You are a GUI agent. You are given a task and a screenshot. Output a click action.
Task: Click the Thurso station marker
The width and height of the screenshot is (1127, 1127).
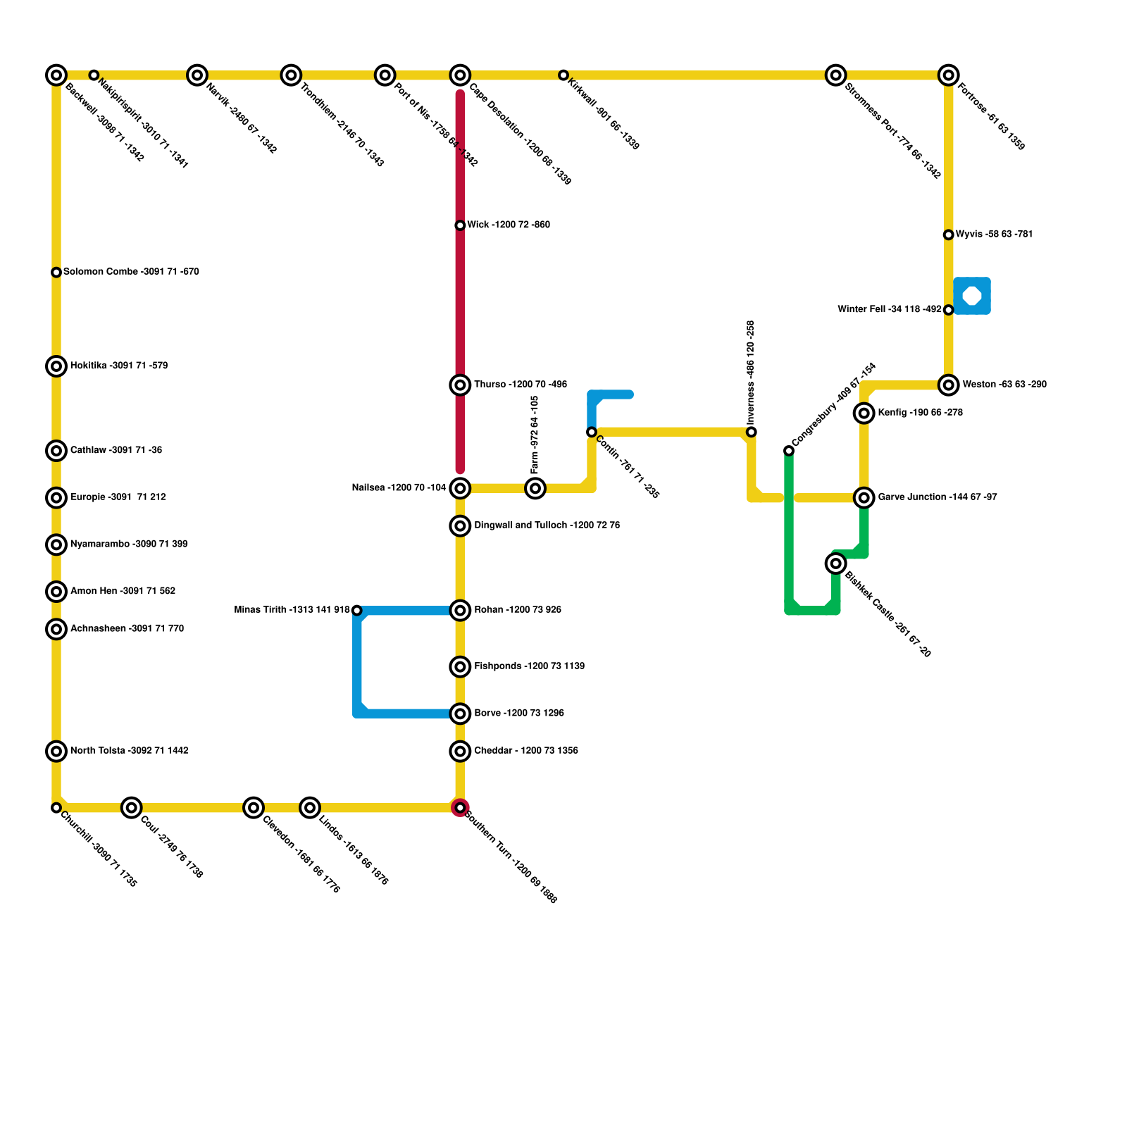coord(460,385)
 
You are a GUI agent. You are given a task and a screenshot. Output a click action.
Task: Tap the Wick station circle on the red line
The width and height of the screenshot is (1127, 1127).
coord(460,225)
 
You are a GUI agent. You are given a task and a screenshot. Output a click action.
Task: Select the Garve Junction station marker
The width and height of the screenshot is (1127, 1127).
coord(864,498)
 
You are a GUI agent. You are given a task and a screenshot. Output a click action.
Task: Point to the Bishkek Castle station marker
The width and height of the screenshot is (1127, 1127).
coord(836,563)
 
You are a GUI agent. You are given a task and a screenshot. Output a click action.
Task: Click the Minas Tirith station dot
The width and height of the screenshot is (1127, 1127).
coord(357,610)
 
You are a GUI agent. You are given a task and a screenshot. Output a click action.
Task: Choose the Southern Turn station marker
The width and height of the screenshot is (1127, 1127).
coord(460,807)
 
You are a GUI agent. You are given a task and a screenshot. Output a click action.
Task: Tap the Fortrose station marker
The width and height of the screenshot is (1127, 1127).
coord(949,75)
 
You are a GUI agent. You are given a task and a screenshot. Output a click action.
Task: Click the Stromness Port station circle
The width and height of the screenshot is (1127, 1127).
coord(836,75)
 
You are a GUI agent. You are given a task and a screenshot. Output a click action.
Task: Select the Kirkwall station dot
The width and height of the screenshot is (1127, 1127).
coord(563,75)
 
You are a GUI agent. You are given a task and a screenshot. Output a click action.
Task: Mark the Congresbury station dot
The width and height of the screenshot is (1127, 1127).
coord(789,451)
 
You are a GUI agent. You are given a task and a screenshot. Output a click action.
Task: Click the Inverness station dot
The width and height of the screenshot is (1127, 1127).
coord(752,432)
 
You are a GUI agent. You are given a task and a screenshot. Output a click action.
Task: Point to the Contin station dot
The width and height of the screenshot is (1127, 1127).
coord(592,432)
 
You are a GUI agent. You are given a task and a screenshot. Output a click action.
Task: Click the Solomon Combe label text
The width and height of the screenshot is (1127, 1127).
coord(131,272)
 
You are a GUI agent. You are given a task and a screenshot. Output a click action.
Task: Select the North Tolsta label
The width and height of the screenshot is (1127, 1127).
coord(129,751)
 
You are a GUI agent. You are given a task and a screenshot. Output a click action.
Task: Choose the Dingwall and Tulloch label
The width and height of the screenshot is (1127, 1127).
coord(547,525)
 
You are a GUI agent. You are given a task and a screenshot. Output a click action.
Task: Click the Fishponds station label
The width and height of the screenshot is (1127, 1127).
coord(529,666)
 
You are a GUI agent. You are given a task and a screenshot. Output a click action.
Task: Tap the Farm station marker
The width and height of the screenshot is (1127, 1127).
coord(535,488)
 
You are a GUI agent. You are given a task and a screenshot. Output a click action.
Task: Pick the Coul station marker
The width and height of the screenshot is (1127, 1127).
coord(132,807)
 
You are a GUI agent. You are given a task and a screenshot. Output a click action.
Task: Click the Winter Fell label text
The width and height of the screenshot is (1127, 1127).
coord(889,309)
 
